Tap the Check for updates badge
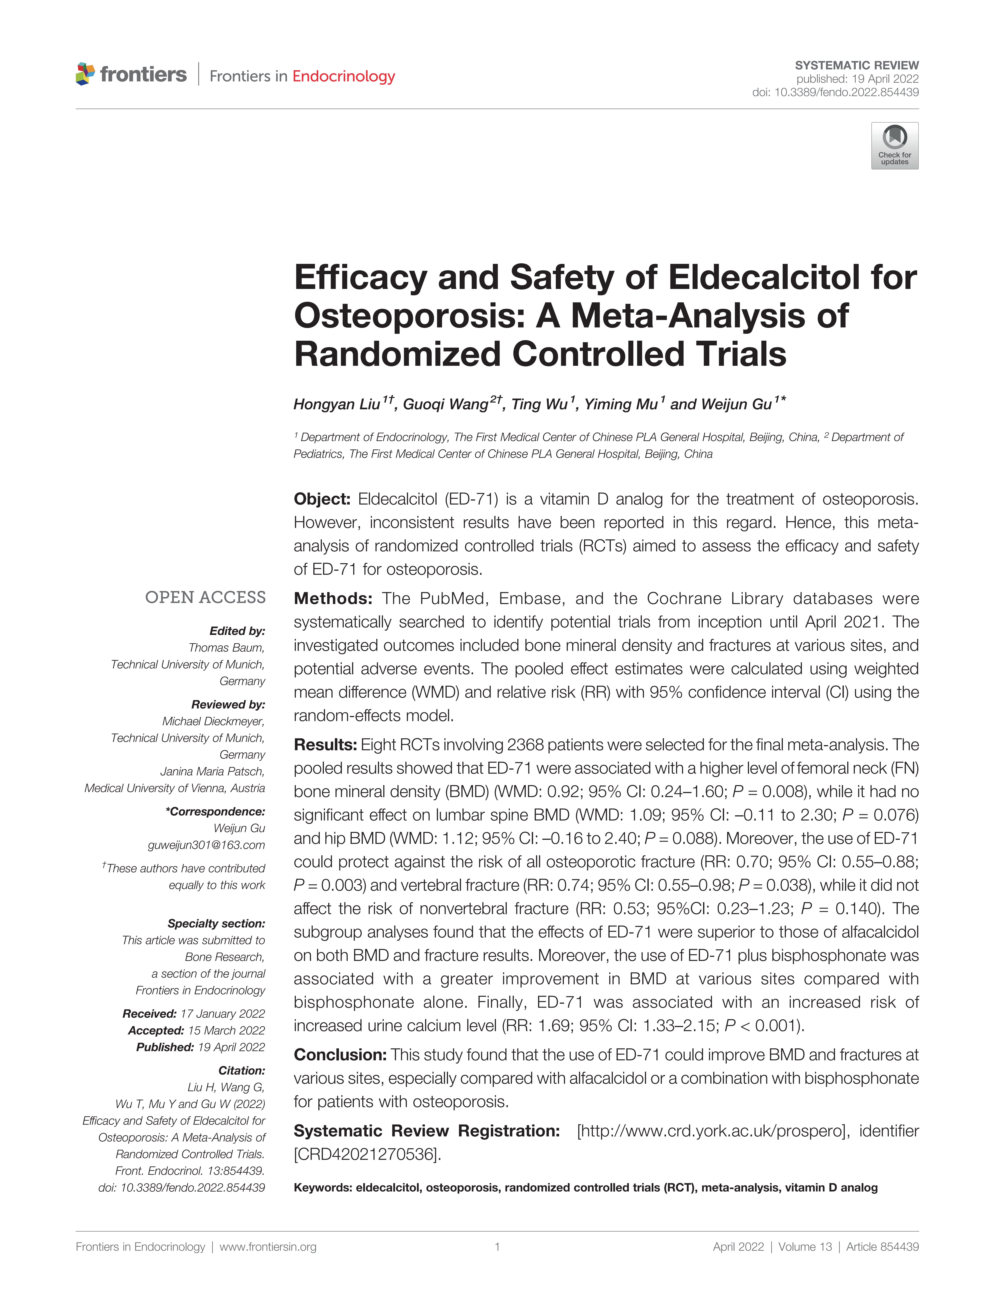coord(894,146)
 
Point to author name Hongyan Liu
coord(336,404)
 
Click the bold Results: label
coord(325,745)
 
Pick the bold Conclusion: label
coord(340,1055)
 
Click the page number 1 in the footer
coord(497,1247)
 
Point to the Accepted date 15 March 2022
coord(226,1030)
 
